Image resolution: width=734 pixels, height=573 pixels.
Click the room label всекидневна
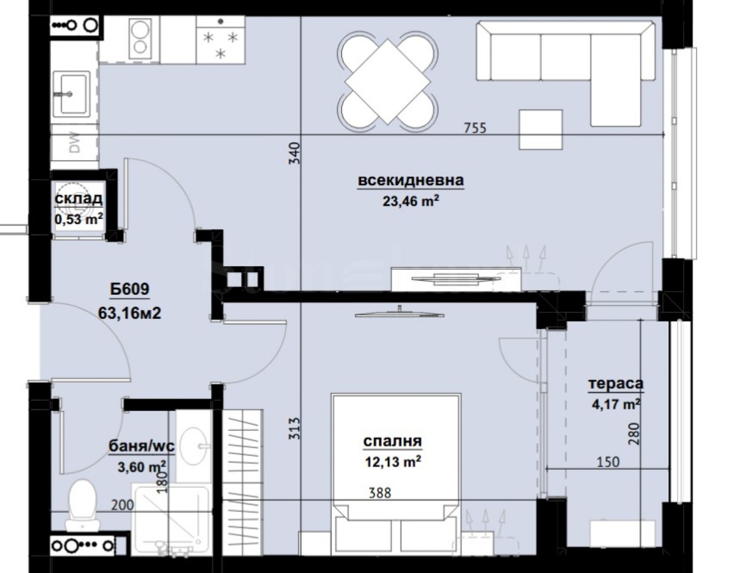tap(410, 181)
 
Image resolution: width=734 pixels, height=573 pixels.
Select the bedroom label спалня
tap(392, 441)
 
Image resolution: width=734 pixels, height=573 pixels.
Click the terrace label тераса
tap(616, 384)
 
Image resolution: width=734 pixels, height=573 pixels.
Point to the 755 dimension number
tap(474, 128)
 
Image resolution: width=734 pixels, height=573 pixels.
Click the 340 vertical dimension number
tap(295, 153)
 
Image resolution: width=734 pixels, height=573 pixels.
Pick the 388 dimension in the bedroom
tap(380, 493)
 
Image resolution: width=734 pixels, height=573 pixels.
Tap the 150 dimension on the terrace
tap(608, 462)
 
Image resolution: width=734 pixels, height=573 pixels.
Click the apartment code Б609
tap(130, 289)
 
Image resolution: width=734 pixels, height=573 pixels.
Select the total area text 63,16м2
tap(129, 313)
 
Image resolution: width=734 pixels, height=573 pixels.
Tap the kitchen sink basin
tap(70, 94)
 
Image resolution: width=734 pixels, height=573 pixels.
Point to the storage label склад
tap(78, 199)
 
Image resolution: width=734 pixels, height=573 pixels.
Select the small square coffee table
tap(540, 129)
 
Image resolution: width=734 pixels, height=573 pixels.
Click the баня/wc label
tap(141, 446)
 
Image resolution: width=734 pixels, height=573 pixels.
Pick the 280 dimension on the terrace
tap(633, 434)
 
